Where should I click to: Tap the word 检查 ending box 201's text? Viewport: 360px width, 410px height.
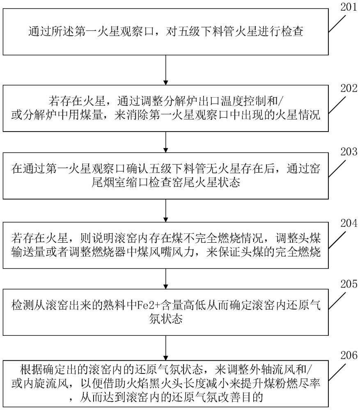point(293,32)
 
